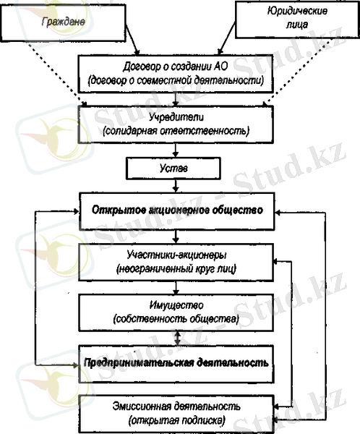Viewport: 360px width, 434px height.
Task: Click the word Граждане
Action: (64, 22)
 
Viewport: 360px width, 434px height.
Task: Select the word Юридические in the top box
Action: (297, 12)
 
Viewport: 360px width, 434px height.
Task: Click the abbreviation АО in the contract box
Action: (220, 67)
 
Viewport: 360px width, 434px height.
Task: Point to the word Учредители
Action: (176, 117)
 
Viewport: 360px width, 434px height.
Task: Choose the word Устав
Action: (173, 168)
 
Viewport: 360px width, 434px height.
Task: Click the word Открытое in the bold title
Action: (119, 210)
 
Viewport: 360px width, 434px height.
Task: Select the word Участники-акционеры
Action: (176, 255)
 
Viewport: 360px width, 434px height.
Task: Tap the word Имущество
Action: (176, 305)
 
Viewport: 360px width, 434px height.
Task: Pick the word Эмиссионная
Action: (142, 407)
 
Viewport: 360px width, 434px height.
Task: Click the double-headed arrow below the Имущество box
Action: (177, 338)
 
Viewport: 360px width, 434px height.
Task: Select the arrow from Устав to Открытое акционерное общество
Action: (176, 186)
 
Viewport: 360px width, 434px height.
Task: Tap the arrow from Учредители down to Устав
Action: (175, 150)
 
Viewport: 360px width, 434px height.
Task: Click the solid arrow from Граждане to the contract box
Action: (132, 39)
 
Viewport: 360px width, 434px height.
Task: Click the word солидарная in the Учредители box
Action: (130, 131)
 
